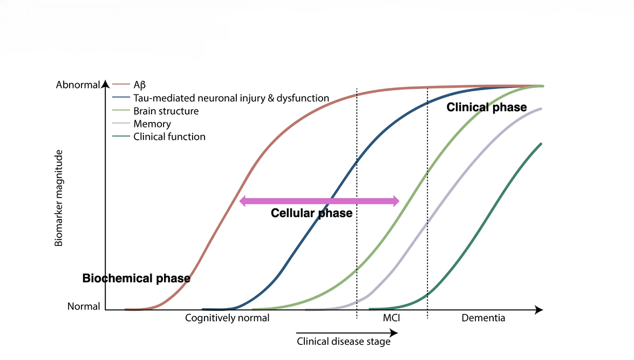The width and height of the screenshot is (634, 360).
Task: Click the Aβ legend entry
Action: (x=139, y=85)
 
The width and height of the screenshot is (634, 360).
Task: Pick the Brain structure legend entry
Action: (x=166, y=111)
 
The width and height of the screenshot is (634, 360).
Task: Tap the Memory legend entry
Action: (x=152, y=124)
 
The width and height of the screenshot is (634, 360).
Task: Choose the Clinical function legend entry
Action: (x=169, y=137)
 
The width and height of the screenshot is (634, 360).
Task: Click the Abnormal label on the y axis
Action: (x=78, y=85)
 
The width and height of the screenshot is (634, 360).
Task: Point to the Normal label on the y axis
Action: (x=84, y=306)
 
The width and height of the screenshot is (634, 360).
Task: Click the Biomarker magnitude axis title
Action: (x=59, y=198)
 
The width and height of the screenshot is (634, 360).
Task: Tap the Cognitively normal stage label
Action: (x=227, y=318)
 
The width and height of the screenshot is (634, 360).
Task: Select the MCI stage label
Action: (x=391, y=318)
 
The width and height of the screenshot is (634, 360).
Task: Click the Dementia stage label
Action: (x=483, y=318)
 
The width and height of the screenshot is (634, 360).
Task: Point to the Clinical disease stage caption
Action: (x=343, y=341)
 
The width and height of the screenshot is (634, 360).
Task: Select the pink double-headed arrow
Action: (x=319, y=201)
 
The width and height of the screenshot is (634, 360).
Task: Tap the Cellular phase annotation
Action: (x=311, y=213)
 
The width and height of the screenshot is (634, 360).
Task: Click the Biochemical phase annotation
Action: (x=136, y=279)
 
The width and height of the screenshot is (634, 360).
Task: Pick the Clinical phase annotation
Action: (x=486, y=107)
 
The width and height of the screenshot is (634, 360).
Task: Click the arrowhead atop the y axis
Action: (x=105, y=83)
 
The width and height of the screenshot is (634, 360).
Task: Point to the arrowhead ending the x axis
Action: (x=538, y=310)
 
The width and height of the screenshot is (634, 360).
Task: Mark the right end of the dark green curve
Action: (x=541, y=144)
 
